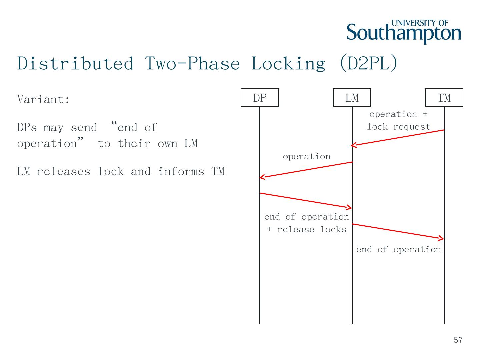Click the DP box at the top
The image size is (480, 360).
(x=260, y=98)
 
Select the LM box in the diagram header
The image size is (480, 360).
(x=352, y=98)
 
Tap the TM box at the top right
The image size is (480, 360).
(x=444, y=98)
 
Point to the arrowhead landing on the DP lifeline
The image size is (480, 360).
(x=261, y=177)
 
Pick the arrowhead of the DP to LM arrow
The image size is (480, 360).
(x=350, y=208)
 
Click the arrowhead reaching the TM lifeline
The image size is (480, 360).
(x=442, y=238)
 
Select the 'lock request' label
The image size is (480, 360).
(x=398, y=127)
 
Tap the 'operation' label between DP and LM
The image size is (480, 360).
(x=306, y=157)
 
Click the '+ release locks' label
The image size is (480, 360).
(x=306, y=230)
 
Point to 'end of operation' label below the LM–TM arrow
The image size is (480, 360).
(x=398, y=250)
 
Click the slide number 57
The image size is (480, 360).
(x=458, y=340)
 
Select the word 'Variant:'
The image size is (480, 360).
(x=43, y=99)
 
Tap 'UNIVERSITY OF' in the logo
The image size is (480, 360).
(x=420, y=23)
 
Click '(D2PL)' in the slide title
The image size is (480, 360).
(x=368, y=63)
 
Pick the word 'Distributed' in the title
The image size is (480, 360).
(x=75, y=63)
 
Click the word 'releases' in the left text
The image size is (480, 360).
(x=63, y=172)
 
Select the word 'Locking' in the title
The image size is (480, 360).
(x=288, y=63)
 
